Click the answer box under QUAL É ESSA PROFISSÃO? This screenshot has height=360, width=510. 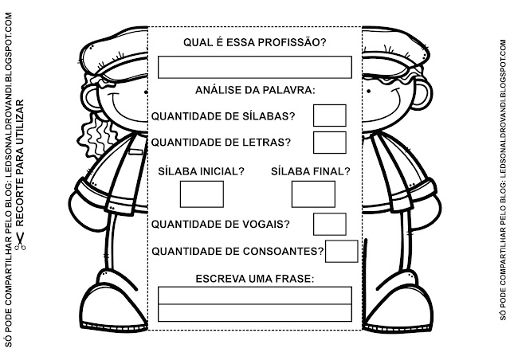pyautogui.click(x=254, y=67)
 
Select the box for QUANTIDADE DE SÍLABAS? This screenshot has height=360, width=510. pyautogui.click(x=329, y=115)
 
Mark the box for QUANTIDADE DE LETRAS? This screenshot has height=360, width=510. pyautogui.click(x=329, y=143)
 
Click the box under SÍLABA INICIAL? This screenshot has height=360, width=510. pyautogui.click(x=202, y=194)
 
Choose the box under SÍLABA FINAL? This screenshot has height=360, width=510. pyautogui.click(x=313, y=194)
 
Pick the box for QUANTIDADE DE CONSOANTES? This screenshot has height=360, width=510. pyautogui.click(x=342, y=251)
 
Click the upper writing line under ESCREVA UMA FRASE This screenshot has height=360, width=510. pyautogui.click(x=254, y=295)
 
